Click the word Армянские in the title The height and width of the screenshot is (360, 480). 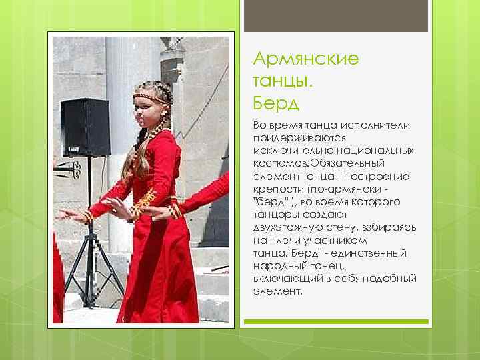(x=306, y=59)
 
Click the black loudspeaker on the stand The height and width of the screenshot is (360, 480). (x=85, y=127)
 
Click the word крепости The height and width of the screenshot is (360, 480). (x=275, y=189)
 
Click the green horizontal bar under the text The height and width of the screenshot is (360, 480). (x=341, y=322)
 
